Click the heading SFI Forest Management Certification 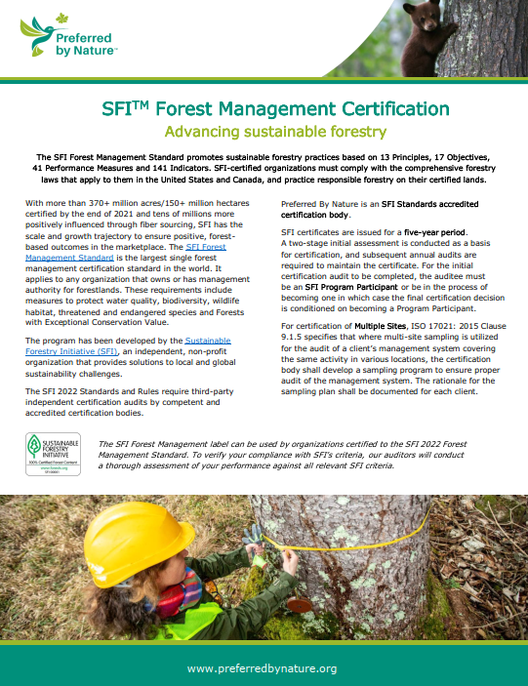pos(264,108)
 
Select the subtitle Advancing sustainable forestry pos(263,131)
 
